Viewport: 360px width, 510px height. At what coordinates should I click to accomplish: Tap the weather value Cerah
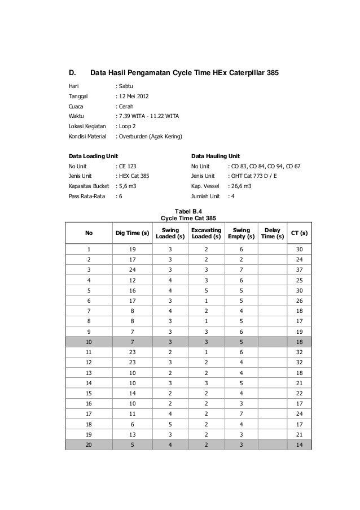(x=125, y=106)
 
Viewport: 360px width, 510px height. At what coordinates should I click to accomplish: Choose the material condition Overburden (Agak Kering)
(x=152, y=136)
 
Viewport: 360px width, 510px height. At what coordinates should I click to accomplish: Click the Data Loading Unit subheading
(x=94, y=155)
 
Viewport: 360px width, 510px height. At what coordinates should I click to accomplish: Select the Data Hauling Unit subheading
(x=216, y=155)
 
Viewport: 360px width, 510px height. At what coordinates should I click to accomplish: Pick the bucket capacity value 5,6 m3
(x=128, y=186)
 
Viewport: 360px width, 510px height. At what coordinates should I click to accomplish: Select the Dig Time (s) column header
(x=132, y=233)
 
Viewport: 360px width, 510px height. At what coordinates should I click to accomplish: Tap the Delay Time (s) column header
(x=271, y=233)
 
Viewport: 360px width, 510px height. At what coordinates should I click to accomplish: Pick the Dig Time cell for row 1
(x=132, y=249)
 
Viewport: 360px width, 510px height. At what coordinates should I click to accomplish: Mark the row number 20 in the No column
(x=89, y=445)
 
